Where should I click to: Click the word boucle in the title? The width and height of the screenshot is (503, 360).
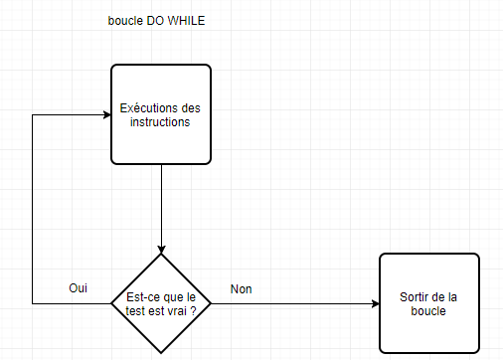(125, 21)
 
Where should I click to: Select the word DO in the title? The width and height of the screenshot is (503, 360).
(158, 21)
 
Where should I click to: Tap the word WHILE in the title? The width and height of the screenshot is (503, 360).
(188, 21)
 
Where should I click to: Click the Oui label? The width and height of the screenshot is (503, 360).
(79, 287)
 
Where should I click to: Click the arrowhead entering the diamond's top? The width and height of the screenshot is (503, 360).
(161, 249)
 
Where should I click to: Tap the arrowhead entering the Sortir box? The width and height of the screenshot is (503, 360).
(374, 303)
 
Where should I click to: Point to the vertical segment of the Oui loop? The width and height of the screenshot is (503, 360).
(34, 209)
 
